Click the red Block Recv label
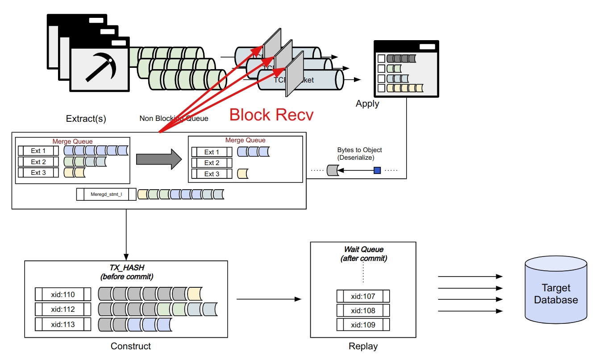point(271,115)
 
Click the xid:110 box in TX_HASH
point(63,294)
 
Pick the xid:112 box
point(63,309)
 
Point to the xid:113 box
point(63,324)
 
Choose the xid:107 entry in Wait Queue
point(363,296)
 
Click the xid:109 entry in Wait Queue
point(363,325)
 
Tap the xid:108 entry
point(363,310)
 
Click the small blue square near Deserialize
point(377,170)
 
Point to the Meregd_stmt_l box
point(106,194)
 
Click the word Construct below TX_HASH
point(131,346)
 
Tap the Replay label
point(363,346)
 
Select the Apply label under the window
point(367,104)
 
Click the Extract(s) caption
point(86,119)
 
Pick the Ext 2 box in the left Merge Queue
point(38,162)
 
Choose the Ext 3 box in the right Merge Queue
point(212,174)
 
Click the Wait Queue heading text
point(363,249)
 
